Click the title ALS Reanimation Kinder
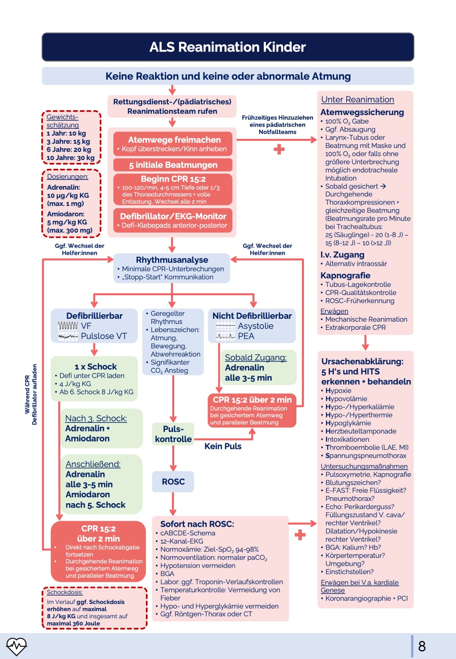(227, 47)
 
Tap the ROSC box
(173, 481)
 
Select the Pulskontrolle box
(173, 434)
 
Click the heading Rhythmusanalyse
(172, 260)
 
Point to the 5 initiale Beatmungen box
(173, 165)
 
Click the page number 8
(422, 646)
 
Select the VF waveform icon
(68, 326)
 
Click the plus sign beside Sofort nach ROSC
(300, 535)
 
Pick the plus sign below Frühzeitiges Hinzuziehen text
(279, 150)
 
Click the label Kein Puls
(223, 446)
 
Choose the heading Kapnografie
(345, 275)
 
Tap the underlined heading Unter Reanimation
(357, 100)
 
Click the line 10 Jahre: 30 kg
(70, 158)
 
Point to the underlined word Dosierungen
(67, 177)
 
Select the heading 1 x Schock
(95, 367)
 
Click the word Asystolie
(255, 326)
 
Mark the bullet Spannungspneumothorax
(365, 456)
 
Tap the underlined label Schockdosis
(64, 592)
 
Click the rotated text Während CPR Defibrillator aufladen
(31, 394)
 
